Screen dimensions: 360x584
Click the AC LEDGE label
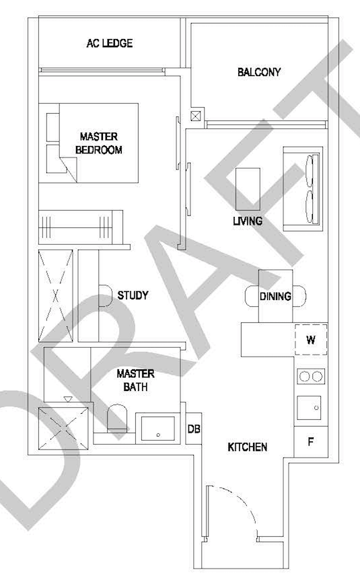click(110, 43)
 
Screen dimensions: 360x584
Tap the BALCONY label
click(259, 72)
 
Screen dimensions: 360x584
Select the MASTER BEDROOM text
click(99, 143)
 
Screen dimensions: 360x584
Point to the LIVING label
click(248, 221)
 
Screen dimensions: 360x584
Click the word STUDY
click(133, 295)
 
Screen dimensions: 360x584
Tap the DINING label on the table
click(275, 297)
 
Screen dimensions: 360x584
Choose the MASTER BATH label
click(135, 380)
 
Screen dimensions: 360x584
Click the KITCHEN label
click(248, 447)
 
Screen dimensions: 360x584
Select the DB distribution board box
click(194, 429)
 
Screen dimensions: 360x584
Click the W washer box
click(311, 340)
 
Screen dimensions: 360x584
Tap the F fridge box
click(311, 442)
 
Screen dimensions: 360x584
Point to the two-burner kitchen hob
click(311, 376)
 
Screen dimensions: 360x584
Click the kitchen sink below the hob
click(309, 408)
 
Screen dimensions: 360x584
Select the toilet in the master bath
click(117, 418)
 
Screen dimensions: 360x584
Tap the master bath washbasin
click(158, 429)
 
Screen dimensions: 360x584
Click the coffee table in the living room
click(248, 189)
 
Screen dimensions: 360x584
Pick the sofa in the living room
click(303, 189)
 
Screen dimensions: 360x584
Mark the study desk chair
click(106, 296)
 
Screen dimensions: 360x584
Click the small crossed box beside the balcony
click(195, 116)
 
